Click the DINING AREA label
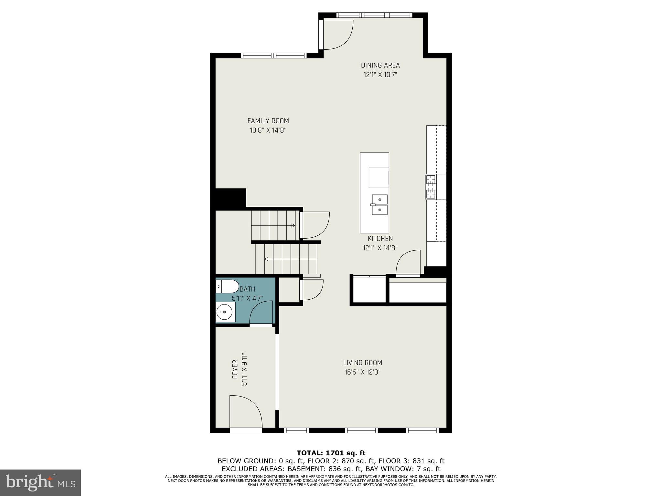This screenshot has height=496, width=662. (380, 66)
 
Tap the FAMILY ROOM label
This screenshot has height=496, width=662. (268, 121)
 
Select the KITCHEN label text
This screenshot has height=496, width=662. (380, 239)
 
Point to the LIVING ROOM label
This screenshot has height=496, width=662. (362, 363)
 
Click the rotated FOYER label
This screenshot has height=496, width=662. (235, 369)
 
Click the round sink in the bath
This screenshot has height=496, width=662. (224, 312)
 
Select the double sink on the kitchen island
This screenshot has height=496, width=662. (379, 204)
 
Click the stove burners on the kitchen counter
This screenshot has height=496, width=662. (431, 187)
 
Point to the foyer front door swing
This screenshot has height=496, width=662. (246, 412)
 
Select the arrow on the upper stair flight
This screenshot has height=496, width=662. (293, 225)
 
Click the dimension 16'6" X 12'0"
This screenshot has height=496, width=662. (362, 372)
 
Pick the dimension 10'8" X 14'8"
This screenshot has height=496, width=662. (268, 130)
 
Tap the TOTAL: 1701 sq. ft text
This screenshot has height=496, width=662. (331, 453)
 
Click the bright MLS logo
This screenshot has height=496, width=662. (40, 483)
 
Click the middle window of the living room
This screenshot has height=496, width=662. (361, 430)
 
